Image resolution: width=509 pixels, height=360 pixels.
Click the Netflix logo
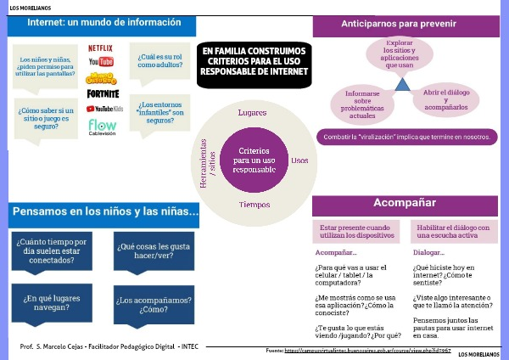(101, 48)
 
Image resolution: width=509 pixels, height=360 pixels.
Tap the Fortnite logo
(103, 93)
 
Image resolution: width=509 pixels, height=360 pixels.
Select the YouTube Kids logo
(104, 109)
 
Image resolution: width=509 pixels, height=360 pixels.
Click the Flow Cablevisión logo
(103, 127)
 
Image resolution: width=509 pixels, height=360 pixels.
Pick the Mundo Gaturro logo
(102, 78)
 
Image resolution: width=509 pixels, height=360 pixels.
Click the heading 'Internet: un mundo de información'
(103, 22)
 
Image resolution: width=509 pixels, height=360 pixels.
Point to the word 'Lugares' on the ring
(253, 113)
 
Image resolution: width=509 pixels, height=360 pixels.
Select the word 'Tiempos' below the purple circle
(254, 205)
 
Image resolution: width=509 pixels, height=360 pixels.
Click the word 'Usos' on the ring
(299, 160)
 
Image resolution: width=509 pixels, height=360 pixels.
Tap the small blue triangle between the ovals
(401, 83)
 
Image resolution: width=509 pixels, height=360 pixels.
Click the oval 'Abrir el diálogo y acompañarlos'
(445, 100)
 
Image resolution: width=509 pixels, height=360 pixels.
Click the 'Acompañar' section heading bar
(406, 204)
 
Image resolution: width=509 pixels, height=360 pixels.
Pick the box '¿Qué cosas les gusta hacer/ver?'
(153, 251)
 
